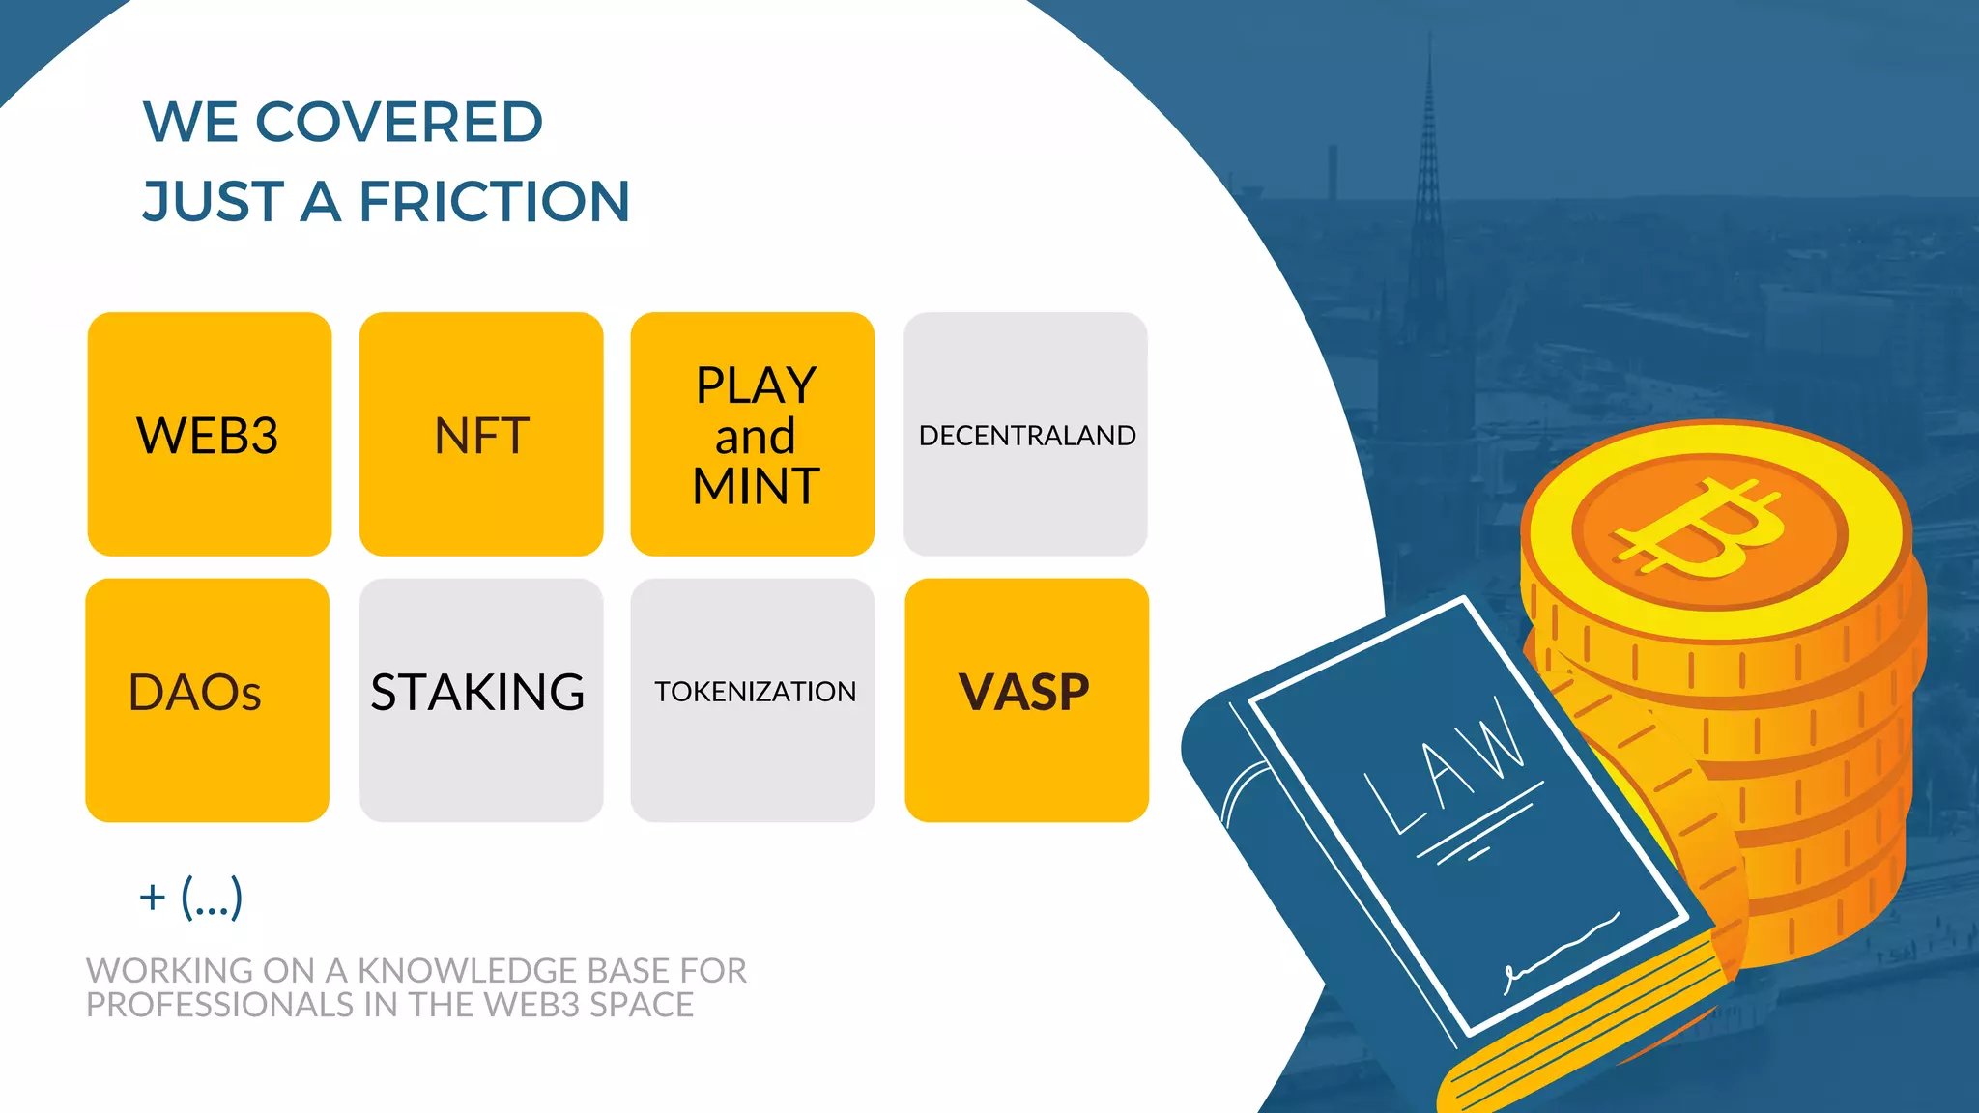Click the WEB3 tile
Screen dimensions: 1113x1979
(x=209, y=434)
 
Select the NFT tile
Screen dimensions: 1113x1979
(x=481, y=434)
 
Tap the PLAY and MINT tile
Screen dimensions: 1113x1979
(x=753, y=434)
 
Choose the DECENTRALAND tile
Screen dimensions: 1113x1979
(x=1025, y=434)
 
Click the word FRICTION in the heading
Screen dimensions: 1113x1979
(x=495, y=202)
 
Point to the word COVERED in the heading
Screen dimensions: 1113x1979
(x=398, y=123)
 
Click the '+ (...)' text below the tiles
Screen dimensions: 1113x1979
(x=190, y=898)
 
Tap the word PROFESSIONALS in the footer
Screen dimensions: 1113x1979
(x=219, y=1005)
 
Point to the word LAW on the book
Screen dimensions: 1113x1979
(x=1445, y=763)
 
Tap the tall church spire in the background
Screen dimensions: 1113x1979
(x=1428, y=193)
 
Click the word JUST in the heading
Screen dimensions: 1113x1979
(x=214, y=202)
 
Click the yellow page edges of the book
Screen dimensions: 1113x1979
(x=1585, y=1034)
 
